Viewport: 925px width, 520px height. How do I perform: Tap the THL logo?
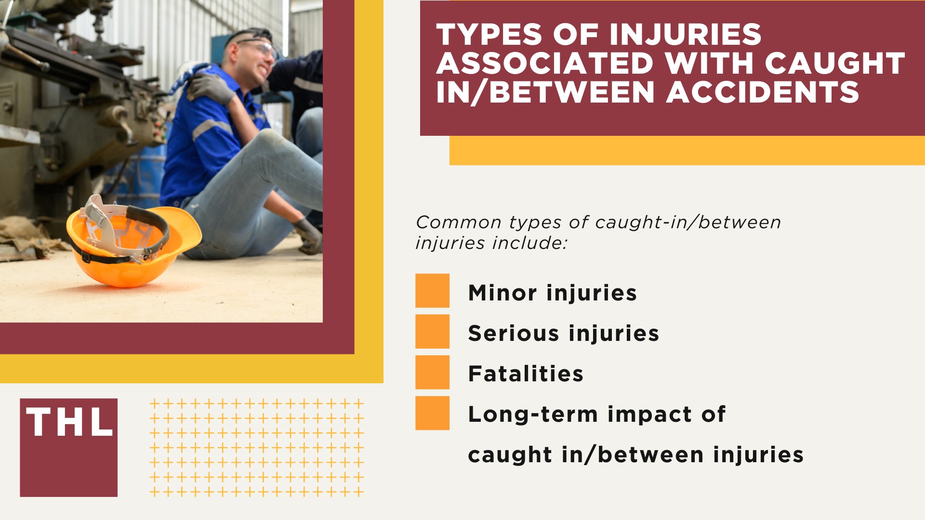point(69,447)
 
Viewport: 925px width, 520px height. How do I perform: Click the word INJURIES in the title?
point(684,35)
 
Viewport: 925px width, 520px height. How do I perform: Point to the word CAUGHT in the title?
point(835,64)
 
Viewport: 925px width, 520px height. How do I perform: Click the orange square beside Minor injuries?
point(432,291)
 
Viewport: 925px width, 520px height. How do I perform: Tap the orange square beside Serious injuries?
point(432,332)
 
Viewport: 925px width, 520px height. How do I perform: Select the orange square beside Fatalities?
point(432,372)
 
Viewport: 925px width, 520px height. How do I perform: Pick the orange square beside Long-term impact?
point(432,413)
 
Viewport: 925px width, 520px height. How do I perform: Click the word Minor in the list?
point(502,293)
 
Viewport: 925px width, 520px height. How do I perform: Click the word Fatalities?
point(526,374)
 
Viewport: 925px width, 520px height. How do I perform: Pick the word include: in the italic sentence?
point(529,243)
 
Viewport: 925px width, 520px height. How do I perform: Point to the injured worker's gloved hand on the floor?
point(308,236)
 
